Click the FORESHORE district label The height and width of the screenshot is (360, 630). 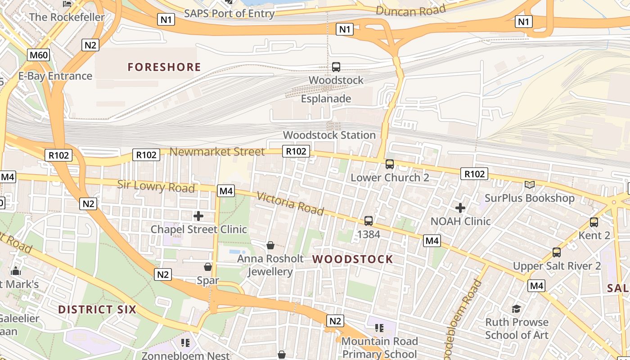point(164,67)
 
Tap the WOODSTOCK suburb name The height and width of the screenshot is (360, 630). point(353,259)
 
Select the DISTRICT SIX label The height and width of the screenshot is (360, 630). point(97,310)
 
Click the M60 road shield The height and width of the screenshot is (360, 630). point(38,55)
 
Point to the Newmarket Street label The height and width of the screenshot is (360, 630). point(217,152)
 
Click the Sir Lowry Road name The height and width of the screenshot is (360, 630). point(156,186)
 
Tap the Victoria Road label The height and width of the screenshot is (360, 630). point(290,203)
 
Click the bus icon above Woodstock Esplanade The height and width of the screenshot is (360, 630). point(336,67)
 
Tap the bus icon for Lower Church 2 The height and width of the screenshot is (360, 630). point(390,164)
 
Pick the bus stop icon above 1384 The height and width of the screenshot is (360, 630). point(369,221)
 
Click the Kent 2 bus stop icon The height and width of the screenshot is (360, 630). point(594,222)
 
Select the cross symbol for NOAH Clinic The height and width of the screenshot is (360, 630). point(460,208)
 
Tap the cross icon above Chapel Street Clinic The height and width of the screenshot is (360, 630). point(198,216)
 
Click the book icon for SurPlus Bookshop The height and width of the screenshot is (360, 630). point(530,184)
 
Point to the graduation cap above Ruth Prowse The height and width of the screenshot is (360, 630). point(516,309)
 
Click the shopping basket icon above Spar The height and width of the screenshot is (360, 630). point(208,267)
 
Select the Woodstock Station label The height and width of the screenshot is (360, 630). point(329,135)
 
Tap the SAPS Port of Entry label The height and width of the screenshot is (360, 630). point(229,13)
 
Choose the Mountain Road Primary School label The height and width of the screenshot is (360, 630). point(380,348)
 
